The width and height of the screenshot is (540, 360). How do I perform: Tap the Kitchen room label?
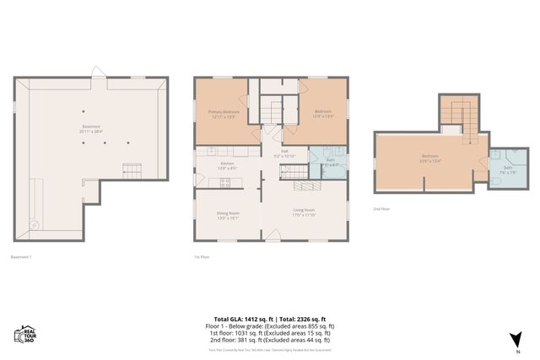[x=227, y=165]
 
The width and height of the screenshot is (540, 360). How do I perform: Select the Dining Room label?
[x=228, y=215]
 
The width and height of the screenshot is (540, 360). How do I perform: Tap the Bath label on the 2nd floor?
[x=508, y=169]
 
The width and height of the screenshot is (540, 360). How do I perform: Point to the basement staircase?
[x=132, y=170]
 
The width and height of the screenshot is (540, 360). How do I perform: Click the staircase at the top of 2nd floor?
[x=458, y=113]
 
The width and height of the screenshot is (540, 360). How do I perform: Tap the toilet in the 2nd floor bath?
[x=495, y=180]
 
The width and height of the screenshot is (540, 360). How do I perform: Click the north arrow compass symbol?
[x=514, y=340]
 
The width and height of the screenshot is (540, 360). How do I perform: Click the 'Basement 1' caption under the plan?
[x=21, y=256]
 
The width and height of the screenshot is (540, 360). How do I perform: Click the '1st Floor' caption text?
[x=202, y=256]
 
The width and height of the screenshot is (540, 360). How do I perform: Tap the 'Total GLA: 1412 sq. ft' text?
[x=240, y=318]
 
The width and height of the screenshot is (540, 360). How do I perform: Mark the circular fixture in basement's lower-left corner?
[x=35, y=224]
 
